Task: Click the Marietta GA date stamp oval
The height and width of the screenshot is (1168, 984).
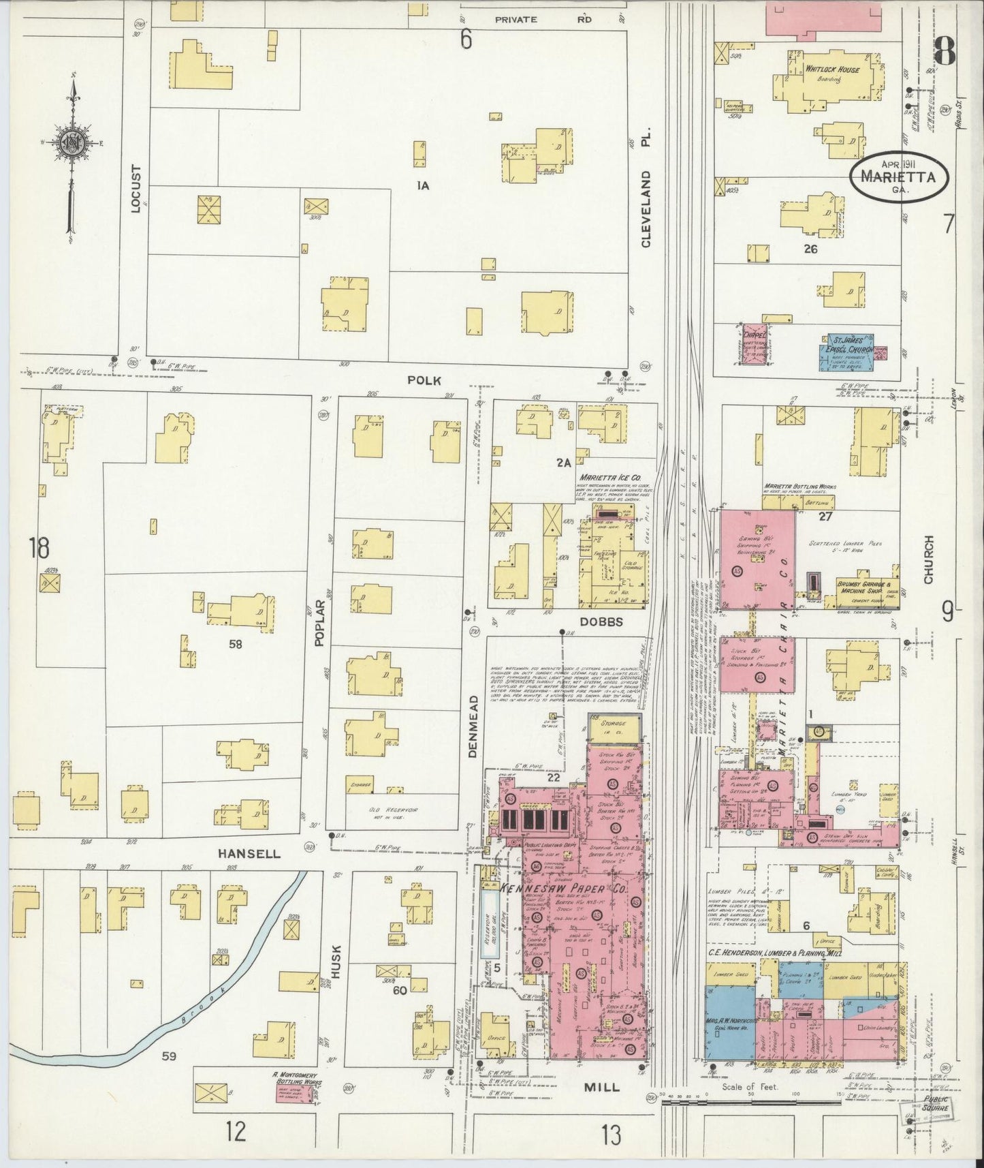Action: click(900, 174)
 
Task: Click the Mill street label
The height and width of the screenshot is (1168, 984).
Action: click(601, 1087)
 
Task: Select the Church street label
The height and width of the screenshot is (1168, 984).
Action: click(928, 559)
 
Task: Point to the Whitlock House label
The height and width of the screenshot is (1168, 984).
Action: click(832, 70)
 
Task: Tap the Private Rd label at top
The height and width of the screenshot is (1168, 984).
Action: click(543, 20)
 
